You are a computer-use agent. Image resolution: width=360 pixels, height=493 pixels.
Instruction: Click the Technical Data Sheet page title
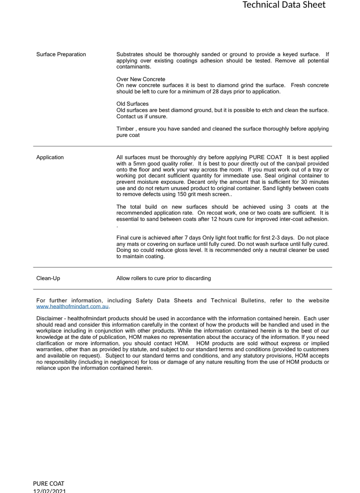coord(284,5)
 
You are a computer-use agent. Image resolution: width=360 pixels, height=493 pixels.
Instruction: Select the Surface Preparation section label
coord(61,54)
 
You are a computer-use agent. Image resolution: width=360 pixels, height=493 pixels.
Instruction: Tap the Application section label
coord(50,157)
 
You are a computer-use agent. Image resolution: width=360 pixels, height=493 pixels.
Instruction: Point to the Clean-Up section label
coord(48,278)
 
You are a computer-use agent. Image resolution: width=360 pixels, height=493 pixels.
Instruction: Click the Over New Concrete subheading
coord(141,79)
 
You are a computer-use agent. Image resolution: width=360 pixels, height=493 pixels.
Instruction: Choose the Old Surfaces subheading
coord(132,104)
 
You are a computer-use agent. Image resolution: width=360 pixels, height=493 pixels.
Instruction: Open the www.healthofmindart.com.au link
coord(72,306)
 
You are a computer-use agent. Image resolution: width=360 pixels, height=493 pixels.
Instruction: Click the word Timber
coord(125,129)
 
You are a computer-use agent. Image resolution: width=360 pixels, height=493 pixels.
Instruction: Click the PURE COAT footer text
coord(49,484)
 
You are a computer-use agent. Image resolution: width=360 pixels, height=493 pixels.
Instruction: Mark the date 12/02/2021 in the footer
coord(49,491)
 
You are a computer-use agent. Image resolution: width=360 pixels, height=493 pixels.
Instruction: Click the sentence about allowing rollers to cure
coord(163,278)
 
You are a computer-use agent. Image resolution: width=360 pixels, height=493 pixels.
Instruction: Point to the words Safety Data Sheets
coord(164,300)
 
